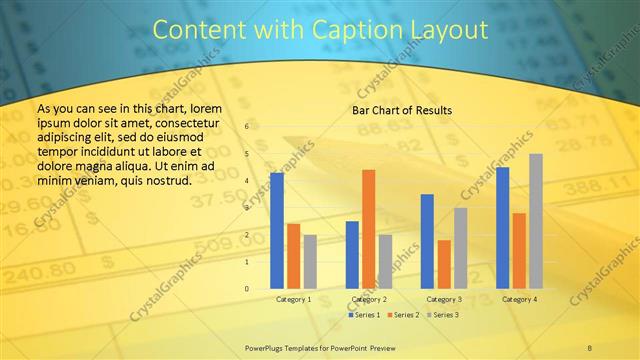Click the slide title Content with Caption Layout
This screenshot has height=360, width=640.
click(x=319, y=31)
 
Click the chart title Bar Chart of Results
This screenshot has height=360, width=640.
click(x=401, y=110)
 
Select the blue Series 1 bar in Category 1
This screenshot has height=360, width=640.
click(x=277, y=231)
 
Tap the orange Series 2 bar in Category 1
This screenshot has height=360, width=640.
click(x=293, y=256)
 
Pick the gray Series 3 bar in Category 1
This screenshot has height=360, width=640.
click(x=310, y=262)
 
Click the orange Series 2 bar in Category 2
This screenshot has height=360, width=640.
click(x=369, y=229)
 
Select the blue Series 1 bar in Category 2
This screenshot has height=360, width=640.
click(x=352, y=255)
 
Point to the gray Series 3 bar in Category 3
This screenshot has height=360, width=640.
click(x=461, y=248)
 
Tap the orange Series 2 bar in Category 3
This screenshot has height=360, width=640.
click(x=444, y=264)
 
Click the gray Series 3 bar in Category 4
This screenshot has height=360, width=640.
click(x=536, y=221)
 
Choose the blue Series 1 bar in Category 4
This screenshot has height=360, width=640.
click(x=503, y=228)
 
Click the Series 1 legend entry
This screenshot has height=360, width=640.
click(x=364, y=315)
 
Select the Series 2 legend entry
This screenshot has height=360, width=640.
click(x=403, y=315)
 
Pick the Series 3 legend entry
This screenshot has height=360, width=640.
click(x=442, y=315)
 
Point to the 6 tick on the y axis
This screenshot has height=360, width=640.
click(x=248, y=128)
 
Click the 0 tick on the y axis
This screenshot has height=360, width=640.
click(x=248, y=289)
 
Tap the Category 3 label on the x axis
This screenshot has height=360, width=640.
click(x=444, y=299)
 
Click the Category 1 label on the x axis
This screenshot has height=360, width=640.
click(x=293, y=299)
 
